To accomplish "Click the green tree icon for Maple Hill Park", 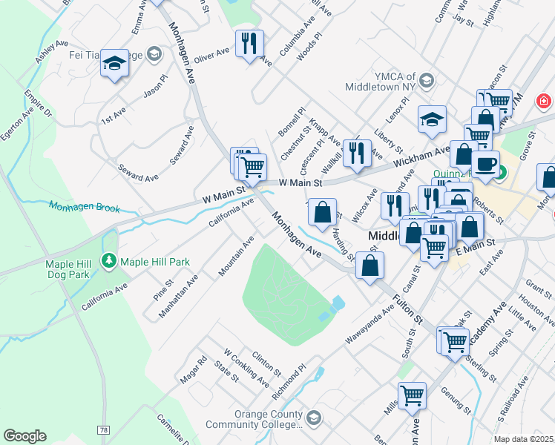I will [x=109, y=261].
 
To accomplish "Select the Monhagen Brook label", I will [x=84, y=207].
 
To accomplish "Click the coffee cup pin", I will [x=485, y=164].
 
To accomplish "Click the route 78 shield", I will [x=103, y=430].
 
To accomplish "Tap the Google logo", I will [x=24, y=436].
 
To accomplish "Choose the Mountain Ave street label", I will [x=237, y=257].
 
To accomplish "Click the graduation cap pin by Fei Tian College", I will [x=115, y=64].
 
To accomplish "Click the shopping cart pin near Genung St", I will [x=411, y=395].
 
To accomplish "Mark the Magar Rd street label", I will [x=192, y=370].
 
